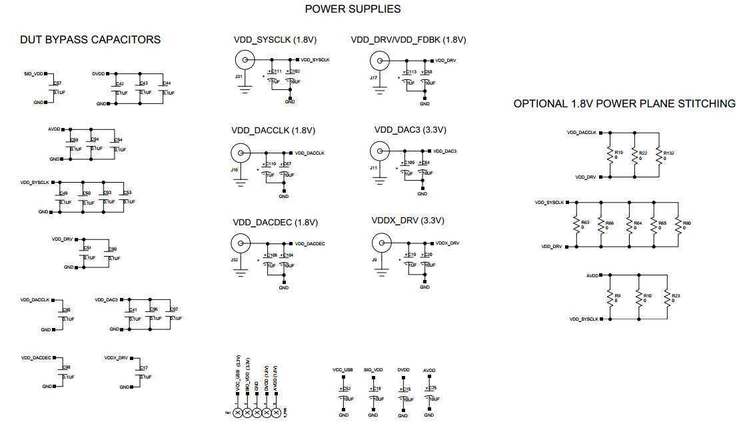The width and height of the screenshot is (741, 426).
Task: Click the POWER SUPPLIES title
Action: pyautogui.click(x=353, y=9)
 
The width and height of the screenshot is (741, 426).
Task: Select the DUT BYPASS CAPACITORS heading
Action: pyautogui.click(x=90, y=40)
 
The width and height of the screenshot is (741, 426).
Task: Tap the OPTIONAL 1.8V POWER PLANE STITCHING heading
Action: pyautogui.click(x=624, y=104)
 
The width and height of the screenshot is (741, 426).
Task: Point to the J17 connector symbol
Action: pyautogui.click(x=379, y=61)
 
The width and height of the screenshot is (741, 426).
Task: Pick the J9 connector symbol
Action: pyautogui.click(x=380, y=243)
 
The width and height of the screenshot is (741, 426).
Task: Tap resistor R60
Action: pyautogui.click(x=678, y=225)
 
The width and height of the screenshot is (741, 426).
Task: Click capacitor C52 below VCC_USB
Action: pyautogui.click(x=344, y=393)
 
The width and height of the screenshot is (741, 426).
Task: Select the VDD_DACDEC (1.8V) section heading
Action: pyautogui.click(x=275, y=222)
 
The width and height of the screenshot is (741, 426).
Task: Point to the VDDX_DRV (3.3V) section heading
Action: pyautogui.click(x=407, y=221)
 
